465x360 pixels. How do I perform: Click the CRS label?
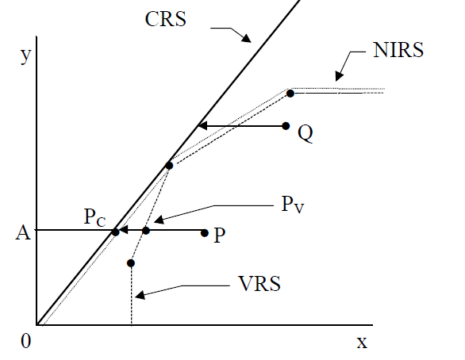coord(166,19)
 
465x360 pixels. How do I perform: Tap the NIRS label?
coord(398,50)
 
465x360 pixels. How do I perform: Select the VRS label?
coord(259,284)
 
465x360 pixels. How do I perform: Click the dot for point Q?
coord(286,126)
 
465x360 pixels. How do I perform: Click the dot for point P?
coord(204,233)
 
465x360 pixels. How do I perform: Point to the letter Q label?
coord(306,133)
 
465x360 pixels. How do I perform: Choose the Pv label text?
coord(293,205)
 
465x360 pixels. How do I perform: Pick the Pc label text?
coord(95,217)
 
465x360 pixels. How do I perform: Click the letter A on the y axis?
coord(23,232)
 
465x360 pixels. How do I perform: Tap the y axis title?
coord(26,56)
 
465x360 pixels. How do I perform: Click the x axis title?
coord(362,343)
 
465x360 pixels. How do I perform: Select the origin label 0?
coord(26,341)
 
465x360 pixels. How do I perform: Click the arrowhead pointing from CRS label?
coord(246,38)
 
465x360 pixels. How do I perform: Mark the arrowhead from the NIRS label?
coord(340,76)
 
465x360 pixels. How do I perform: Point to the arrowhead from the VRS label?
coord(140,295)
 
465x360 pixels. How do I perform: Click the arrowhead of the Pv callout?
coord(159,220)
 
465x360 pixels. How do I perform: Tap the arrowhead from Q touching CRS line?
coord(202,126)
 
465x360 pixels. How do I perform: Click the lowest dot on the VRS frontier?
coord(131,263)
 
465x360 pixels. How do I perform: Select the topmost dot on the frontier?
coord(290,94)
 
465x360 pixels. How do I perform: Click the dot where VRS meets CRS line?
coord(169,166)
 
